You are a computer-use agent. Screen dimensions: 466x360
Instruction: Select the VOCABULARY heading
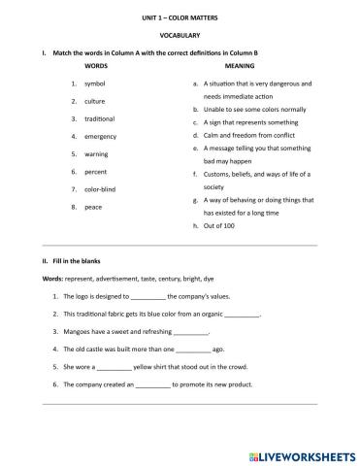point(180,35)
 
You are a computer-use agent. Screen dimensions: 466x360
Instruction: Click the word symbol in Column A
point(95,84)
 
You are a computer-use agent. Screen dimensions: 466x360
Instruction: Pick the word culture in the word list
point(95,101)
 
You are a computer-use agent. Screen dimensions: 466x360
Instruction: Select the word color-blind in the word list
point(102,188)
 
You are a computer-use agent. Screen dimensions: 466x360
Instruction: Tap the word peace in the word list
point(94,207)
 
